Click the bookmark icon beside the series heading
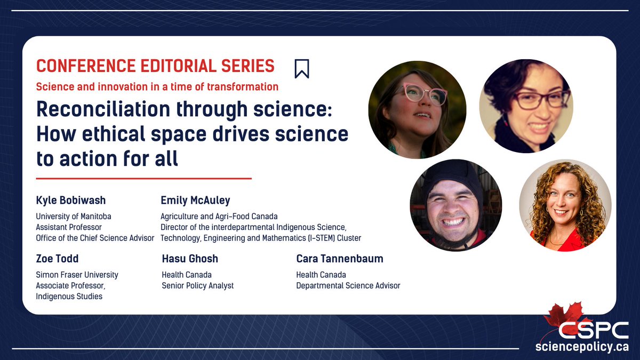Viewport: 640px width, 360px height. click(302, 68)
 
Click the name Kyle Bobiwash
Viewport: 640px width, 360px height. click(71, 201)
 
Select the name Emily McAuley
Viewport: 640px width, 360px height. click(195, 201)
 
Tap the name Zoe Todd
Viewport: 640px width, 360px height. click(57, 259)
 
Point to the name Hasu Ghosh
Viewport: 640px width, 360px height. click(190, 259)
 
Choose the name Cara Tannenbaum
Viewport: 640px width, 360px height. click(340, 259)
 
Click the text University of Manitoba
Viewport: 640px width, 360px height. click(74, 217)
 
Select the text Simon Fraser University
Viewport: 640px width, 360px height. click(77, 275)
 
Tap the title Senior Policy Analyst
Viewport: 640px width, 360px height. click(198, 285)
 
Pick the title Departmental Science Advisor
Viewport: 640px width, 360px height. click(348, 285)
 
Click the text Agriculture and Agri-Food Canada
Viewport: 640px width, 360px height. click(219, 217)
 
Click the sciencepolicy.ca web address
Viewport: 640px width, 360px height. click(582, 347)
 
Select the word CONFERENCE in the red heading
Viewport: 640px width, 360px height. click(86, 66)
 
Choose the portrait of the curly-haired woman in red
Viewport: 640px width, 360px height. click(565, 205)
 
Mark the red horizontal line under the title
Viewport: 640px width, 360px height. click(143, 178)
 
